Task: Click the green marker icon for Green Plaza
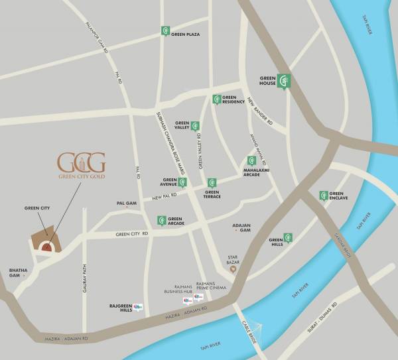165,31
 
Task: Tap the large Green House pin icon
285,80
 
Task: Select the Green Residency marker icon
216,99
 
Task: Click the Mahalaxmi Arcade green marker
251,160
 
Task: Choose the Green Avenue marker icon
182,182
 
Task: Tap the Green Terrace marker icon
212,182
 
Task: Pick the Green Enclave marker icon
323,196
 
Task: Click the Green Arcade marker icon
161,220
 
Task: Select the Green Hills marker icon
289,238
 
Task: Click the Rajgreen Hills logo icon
138,306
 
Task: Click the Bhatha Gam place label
16,273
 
